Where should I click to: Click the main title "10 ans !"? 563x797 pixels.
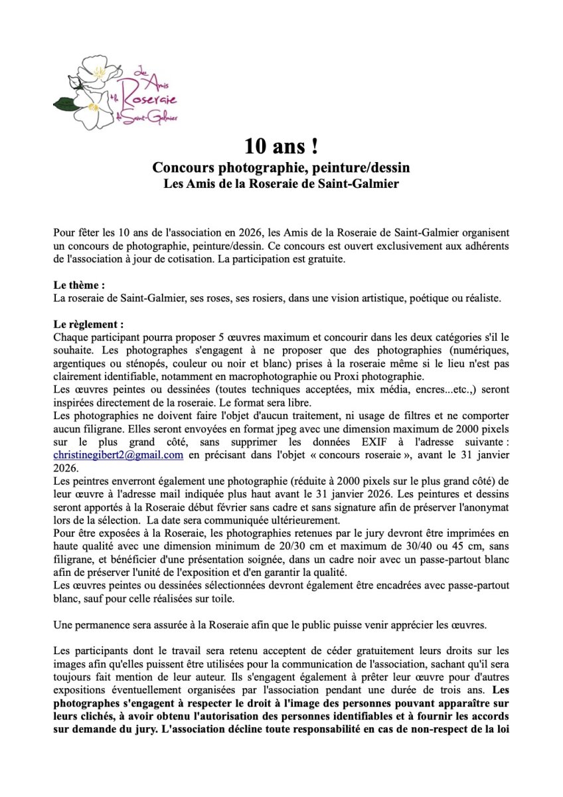(x=281, y=146)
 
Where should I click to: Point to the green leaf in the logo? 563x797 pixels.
(x=66, y=104)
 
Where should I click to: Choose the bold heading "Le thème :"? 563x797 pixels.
(x=79, y=286)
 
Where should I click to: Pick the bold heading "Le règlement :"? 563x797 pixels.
(x=88, y=325)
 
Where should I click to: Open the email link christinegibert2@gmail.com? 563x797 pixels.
(x=118, y=455)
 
